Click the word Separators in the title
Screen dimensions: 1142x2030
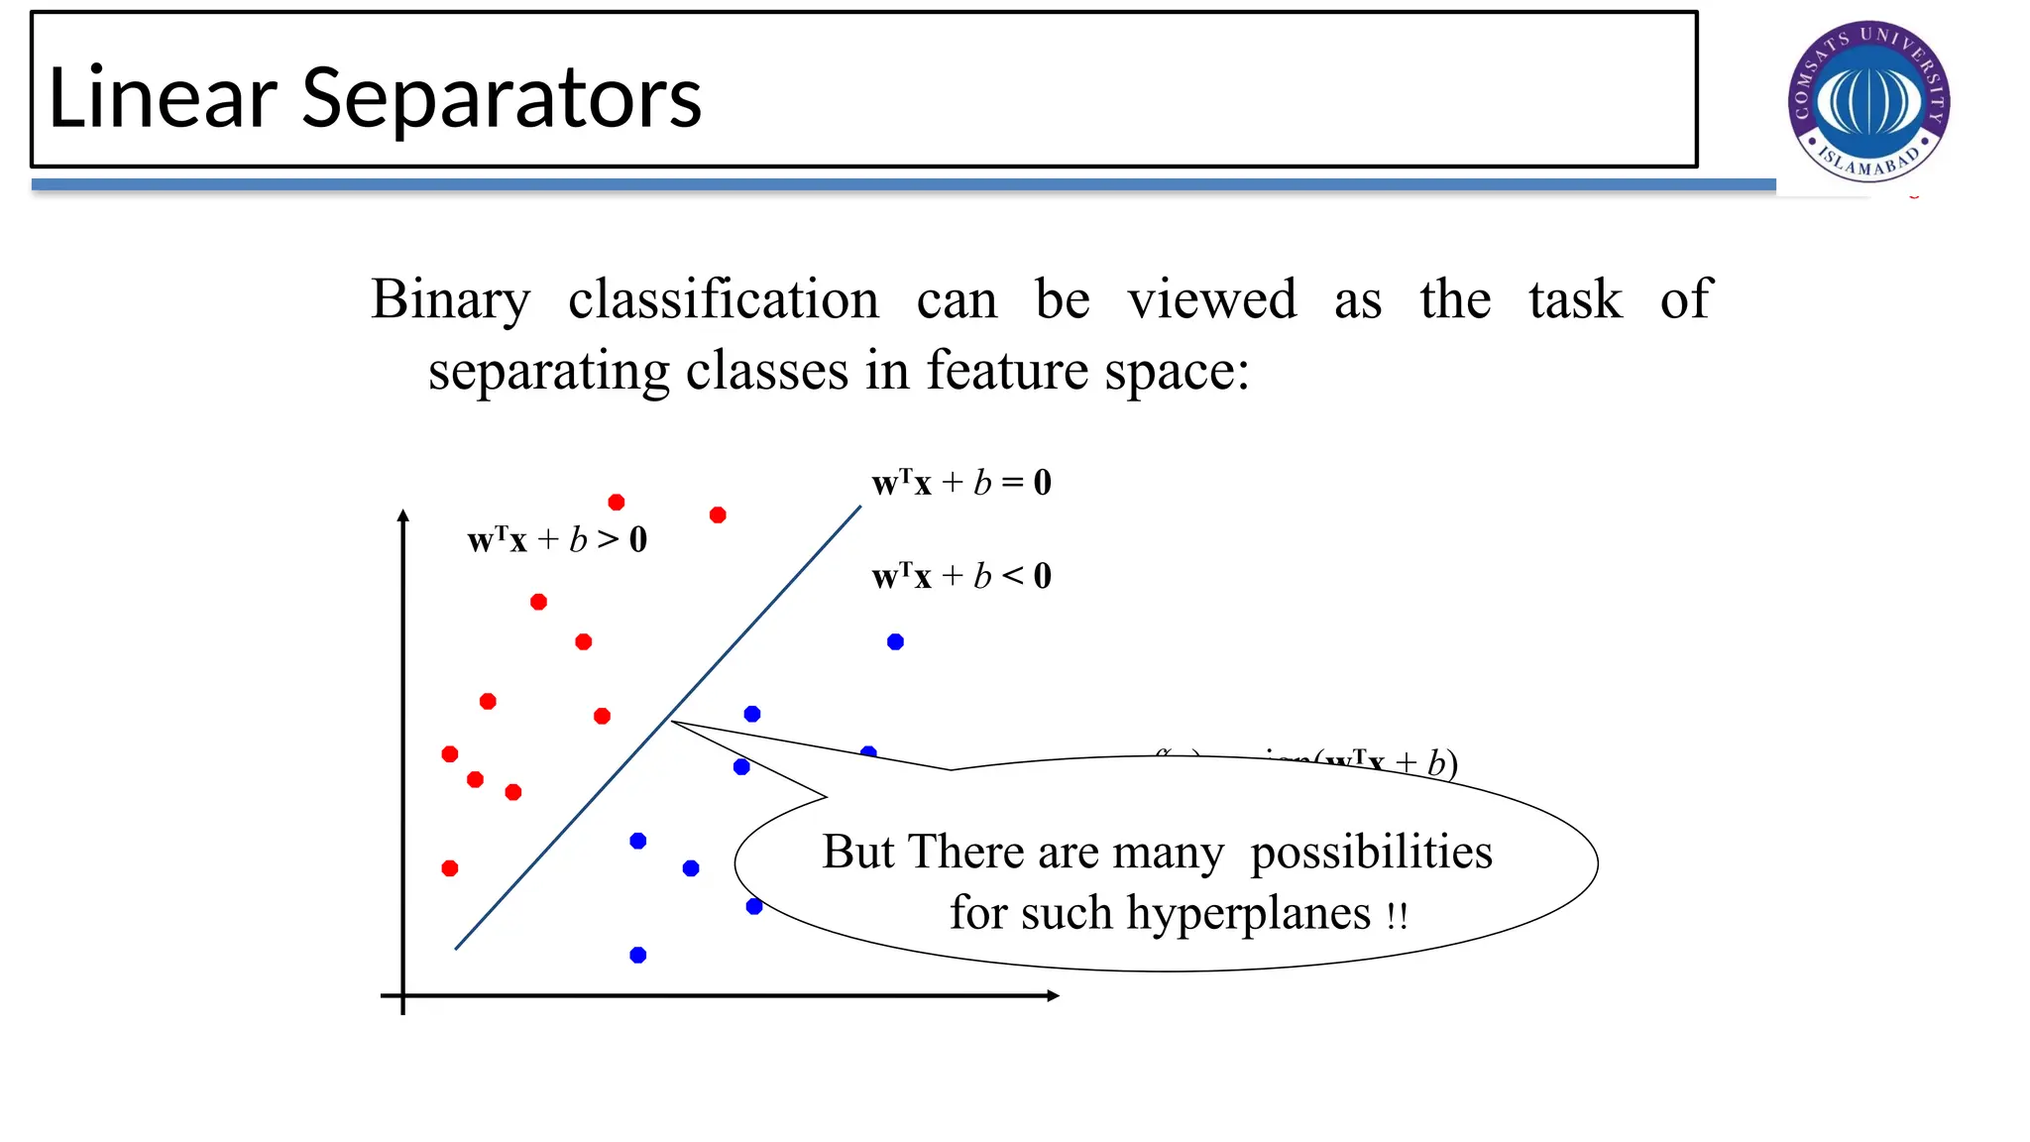pyautogui.click(x=501, y=98)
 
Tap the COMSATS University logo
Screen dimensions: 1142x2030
pyautogui.click(x=1868, y=101)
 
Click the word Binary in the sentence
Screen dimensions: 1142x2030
pyautogui.click(x=450, y=300)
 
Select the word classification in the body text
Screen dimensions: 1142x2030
pyautogui.click(x=723, y=299)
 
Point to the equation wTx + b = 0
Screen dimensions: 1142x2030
pyautogui.click(x=960, y=483)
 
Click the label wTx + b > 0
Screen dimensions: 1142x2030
pyautogui.click(x=557, y=540)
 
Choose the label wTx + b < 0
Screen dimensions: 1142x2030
pyautogui.click(x=960, y=576)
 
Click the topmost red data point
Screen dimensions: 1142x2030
pyautogui.click(x=617, y=503)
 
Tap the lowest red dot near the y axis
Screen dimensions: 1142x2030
pyautogui.click(x=450, y=868)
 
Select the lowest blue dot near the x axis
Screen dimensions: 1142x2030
pyautogui.click(x=638, y=955)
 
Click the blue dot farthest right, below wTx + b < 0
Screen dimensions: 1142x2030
pyautogui.click(x=895, y=642)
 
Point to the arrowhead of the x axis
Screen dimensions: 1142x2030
pyautogui.click(x=1054, y=995)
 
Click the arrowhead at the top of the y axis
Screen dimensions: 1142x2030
pyautogui.click(x=402, y=515)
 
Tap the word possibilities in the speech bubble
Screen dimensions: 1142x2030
pyautogui.click(x=1371, y=853)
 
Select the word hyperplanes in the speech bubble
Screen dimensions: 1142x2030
pyautogui.click(x=1249, y=913)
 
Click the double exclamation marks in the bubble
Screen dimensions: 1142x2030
pyautogui.click(x=1397, y=916)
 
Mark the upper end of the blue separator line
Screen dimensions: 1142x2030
pyautogui.click(x=859, y=508)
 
